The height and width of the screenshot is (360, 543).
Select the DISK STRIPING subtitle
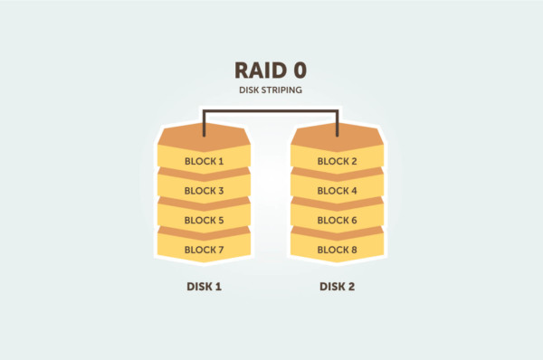pos(271,92)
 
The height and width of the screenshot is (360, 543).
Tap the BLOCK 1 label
pos(204,162)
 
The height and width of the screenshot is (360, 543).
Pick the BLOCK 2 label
pos(338,162)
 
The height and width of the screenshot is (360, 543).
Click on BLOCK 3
pos(204,191)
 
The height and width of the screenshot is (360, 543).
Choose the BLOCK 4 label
pos(338,191)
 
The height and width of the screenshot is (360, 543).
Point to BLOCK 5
pos(204,220)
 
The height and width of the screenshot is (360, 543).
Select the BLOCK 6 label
pos(338,220)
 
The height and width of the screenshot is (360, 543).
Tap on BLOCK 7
pos(204,249)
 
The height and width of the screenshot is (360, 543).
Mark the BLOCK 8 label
pos(338,249)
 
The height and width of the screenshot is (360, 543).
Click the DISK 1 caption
pos(204,287)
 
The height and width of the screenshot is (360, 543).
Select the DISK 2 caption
pos(338,287)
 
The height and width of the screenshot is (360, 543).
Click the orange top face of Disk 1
pos(204,137)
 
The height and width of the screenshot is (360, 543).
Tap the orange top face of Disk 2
pos(338,137)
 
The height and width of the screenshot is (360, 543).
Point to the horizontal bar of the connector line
pos(271,111)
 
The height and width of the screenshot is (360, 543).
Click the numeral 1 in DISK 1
pos(218,287)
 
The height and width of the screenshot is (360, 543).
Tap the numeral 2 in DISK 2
pos(353,287)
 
